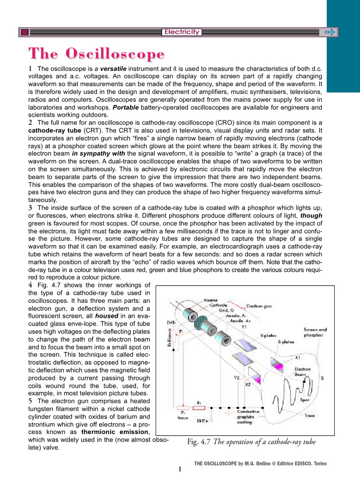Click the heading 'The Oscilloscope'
[96, 53]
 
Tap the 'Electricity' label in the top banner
[181, 32]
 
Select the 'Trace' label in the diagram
[309, 415]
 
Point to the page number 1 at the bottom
[180, 469]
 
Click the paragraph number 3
[30, 207]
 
